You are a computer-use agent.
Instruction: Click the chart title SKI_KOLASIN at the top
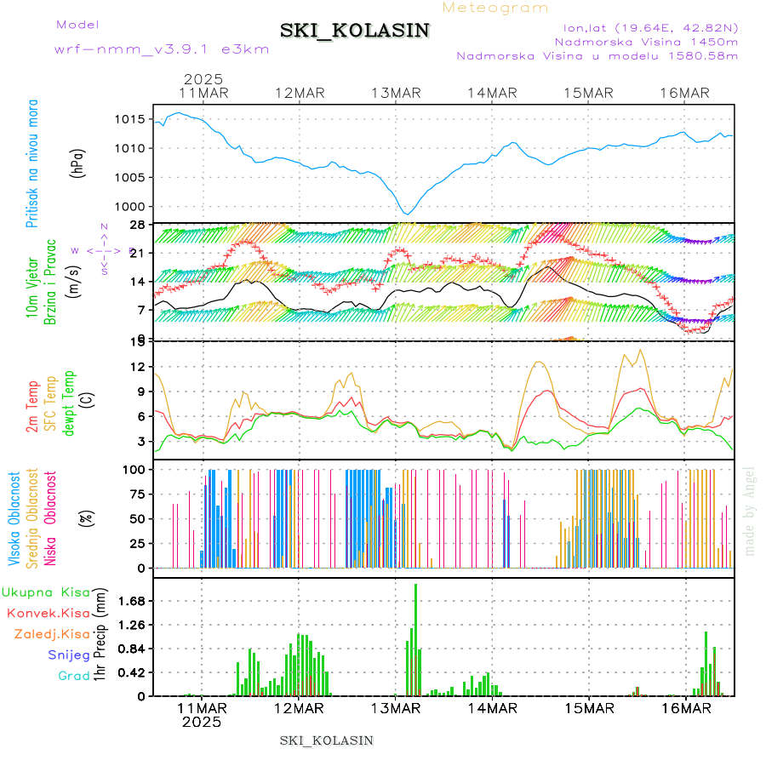click(355, 31)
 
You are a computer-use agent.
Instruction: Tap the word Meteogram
click(495, 8)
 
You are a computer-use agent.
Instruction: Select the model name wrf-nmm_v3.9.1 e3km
click(162, 49)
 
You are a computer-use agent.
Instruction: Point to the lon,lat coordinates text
click(644, 27)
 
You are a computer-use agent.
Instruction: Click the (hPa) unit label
click(78, 162)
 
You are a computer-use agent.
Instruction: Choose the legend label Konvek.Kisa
click(48, 613)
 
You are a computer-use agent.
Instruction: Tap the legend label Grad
click(73, 676)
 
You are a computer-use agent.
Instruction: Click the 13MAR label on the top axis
click(397, 93)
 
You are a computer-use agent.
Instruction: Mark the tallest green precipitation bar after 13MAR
click(415, 638)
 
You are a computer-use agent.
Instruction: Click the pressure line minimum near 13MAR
click(408, 214)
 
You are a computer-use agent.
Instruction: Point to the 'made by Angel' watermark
click(750, 511)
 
